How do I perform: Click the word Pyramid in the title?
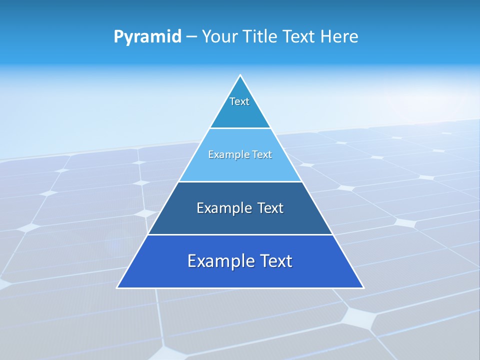click(x=147, y=37)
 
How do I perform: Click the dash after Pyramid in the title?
click(x=191, y=37)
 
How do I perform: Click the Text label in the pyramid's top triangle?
click(x=239, y=101)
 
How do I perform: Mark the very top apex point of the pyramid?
click(x=240, y=75)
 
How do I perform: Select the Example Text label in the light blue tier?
click(x=240, y=154)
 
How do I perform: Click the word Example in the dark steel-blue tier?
click(x=219, y=208)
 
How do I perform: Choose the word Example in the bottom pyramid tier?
click(x=216, y=261)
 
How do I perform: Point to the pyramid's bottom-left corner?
click(x=117, y=287)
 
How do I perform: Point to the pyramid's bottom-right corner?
click(x=363, y=287)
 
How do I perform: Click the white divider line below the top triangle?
click(x=240, y=128)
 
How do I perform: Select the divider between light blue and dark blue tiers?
click(x=240, y=181)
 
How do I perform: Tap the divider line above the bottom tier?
click(x=240, y=234)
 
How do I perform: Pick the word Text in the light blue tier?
click(x=262, y=154)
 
